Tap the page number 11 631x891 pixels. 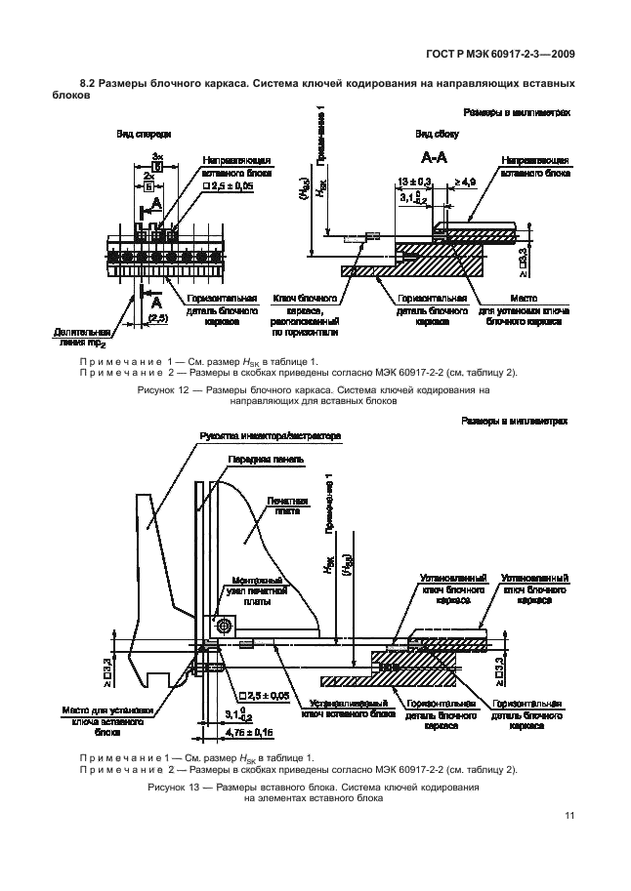click(568, 817)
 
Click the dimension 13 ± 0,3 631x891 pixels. click(416, 181)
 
